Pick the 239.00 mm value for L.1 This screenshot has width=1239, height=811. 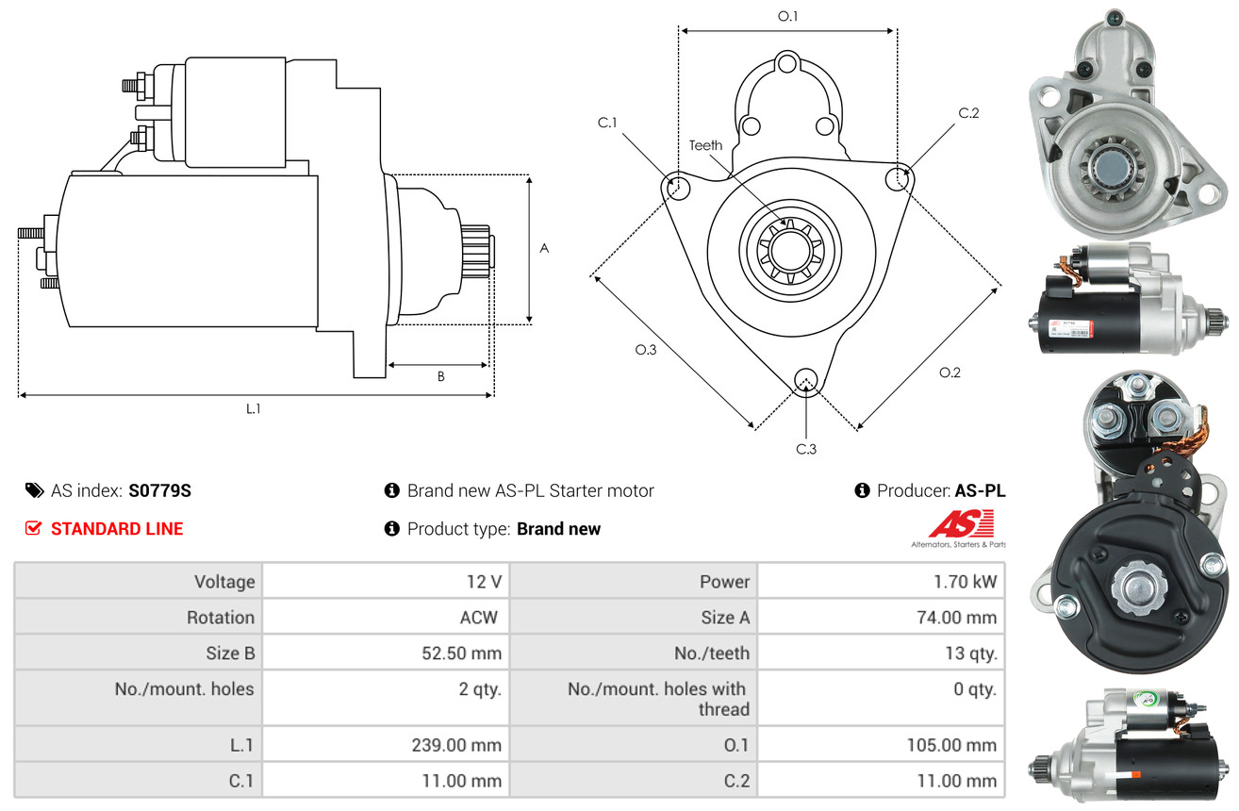point(456,745)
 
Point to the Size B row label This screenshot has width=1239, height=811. point(230,653)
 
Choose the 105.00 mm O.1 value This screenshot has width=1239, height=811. point(951,745)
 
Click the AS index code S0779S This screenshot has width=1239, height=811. point(160,490)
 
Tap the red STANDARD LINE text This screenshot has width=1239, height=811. point(117,529)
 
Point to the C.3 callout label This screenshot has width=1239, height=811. point(805,449)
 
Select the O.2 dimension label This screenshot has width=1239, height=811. point(950,372)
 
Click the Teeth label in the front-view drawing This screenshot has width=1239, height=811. point(705,145)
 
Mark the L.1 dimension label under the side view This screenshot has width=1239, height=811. point(253,408)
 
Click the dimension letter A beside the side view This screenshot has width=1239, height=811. point(544,249)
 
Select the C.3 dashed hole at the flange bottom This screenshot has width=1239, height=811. point(805,380)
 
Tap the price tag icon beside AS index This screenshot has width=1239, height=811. point(34,490)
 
